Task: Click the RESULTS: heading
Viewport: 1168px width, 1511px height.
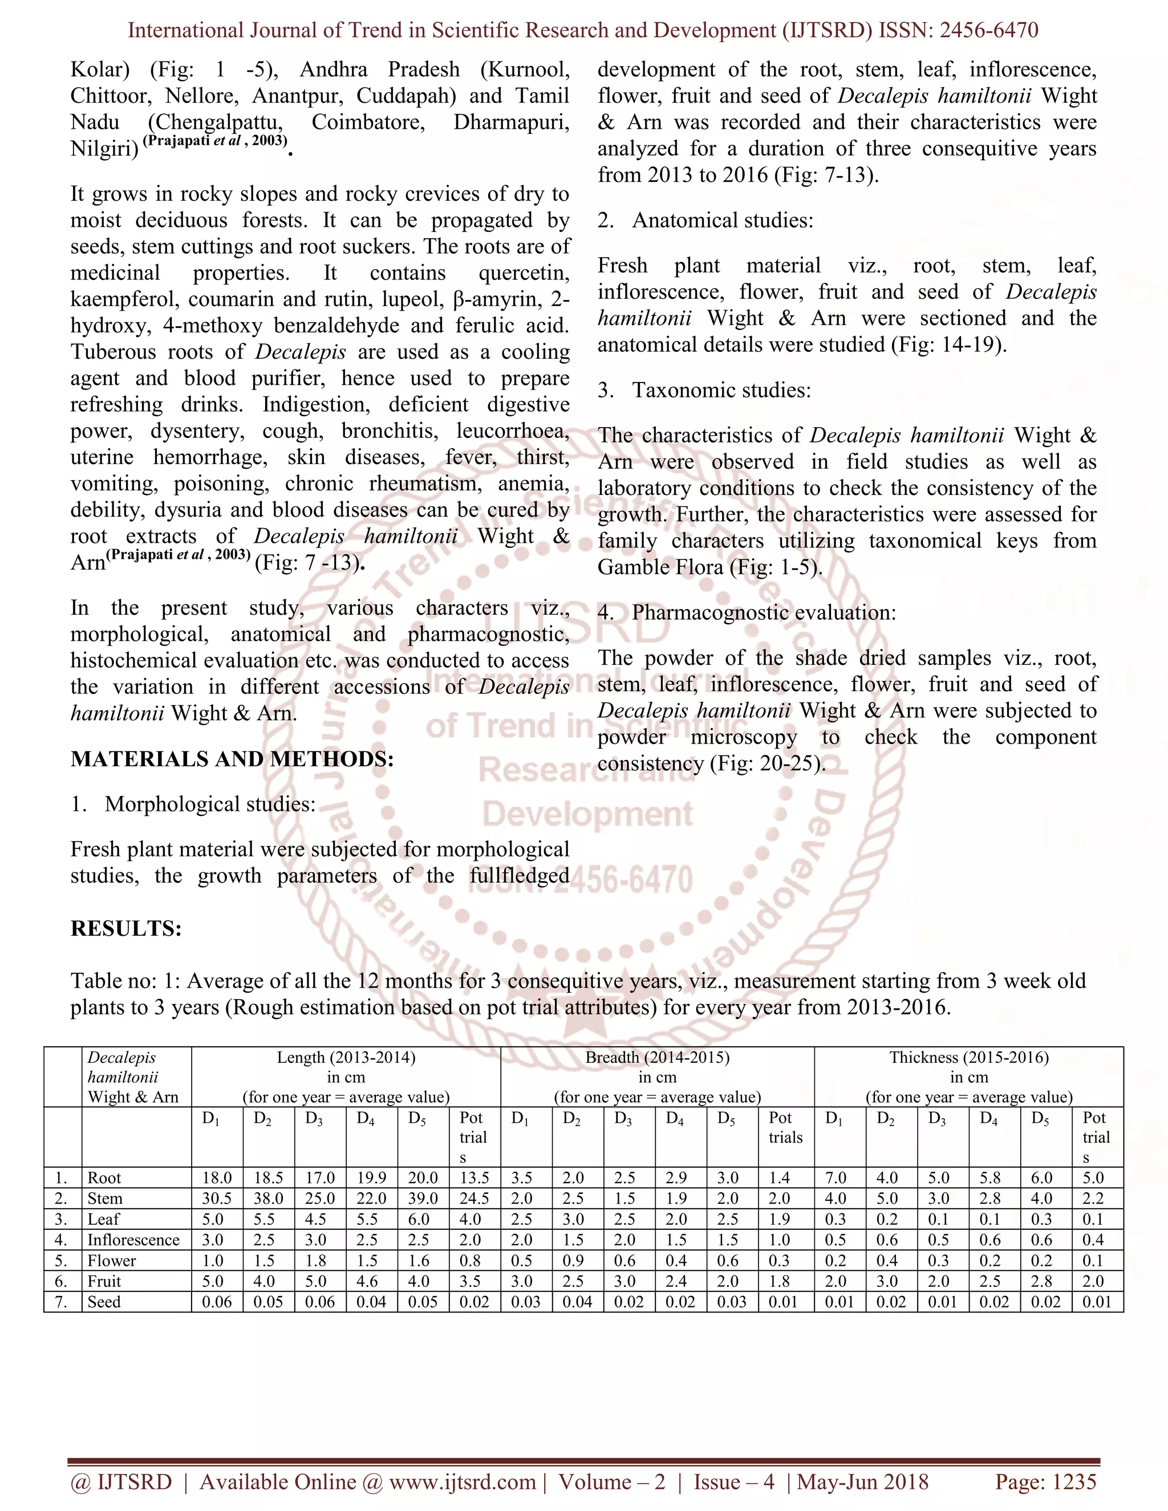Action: pyautogui.click(x=126, y=928)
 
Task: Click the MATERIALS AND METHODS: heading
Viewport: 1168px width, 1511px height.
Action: pyautogui.click(x=232, y=759)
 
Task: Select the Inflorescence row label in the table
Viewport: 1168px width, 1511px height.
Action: pyautogui.click(x=133, y=1240)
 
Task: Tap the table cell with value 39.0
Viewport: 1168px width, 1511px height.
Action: pyautogui.click(x=422, y=1199)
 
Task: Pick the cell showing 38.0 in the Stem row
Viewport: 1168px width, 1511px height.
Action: pyautogui.click(x=268, y=1199)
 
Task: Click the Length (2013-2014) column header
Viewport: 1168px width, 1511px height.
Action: pyautogui.click(x=346, y=1057)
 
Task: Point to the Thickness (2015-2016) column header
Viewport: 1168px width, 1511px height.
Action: pyautogui.click(x=969, y=1057)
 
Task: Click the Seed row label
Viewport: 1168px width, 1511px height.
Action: pyautogui.click(x=104, y=1302)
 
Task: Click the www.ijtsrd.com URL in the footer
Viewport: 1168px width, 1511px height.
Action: pyautogui.click(x=462, y=1481)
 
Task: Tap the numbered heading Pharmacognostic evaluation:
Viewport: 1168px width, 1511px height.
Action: pyautogui.click(x=763, y=612)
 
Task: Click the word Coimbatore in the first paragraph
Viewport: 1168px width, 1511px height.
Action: pyautogui.click(x=367, y=123)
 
